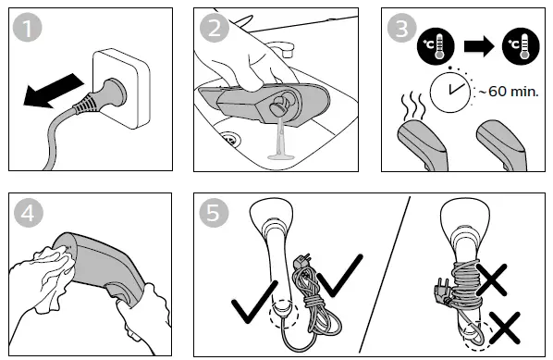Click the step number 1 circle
click(x=27, y=27)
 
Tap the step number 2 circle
click(x=215, y=28)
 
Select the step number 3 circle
click(x=401, y=28)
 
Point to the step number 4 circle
click(x=29, y=213)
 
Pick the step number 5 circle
click(x=214, y=213)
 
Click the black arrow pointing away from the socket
click(x=53, y=91)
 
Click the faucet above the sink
click(x=282, y=49)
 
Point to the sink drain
click(x=230, y=138)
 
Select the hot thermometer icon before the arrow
click(x=436, y=46)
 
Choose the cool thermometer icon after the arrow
click(x=521, y=46)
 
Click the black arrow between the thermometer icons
click(x=479, y=46)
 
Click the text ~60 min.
click(x=509, y=92)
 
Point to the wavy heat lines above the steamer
click(x=412, y=106)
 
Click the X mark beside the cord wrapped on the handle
click(x=491, y=279)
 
